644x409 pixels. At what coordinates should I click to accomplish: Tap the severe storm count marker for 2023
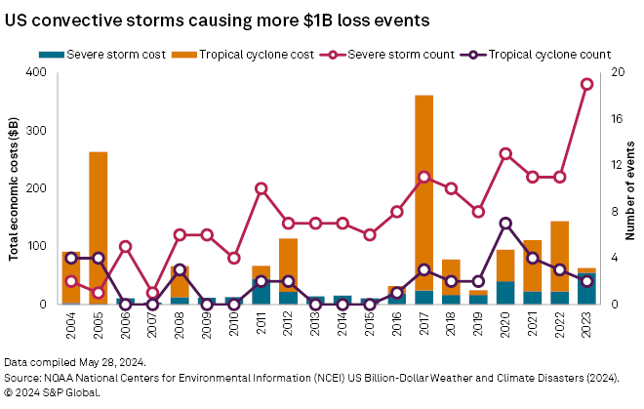(587, 84)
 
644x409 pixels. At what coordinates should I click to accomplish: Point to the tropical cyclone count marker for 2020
(505, 224)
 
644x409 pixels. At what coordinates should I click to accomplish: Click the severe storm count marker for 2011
(262, 188)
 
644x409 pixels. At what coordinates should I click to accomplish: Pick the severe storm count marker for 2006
(125, 246)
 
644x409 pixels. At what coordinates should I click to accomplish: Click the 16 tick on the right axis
(616, 119)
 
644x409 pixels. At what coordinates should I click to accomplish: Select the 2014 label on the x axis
(342, 326)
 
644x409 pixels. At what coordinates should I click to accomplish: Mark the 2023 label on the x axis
(587, 326)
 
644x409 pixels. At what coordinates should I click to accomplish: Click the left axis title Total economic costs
(14, 188)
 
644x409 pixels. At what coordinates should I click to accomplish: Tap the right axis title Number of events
(629, 188)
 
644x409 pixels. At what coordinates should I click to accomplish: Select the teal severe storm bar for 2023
(587, 288)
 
